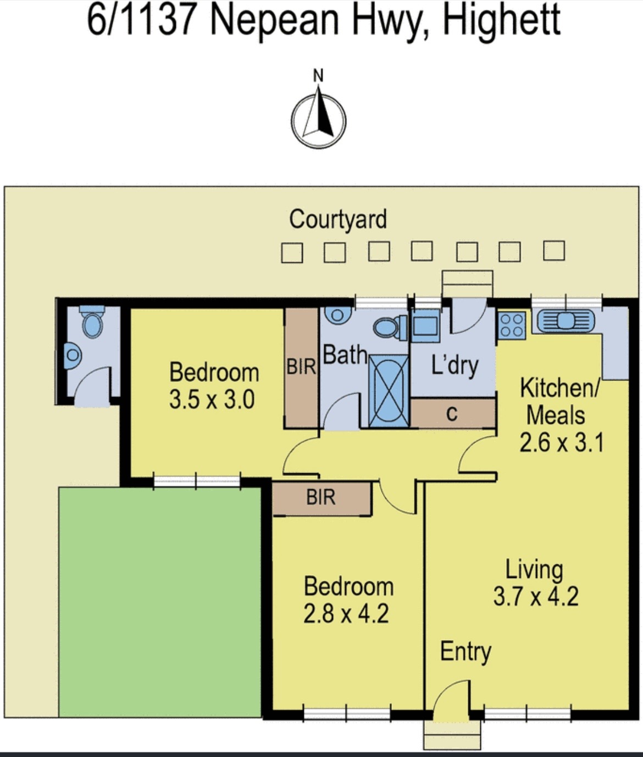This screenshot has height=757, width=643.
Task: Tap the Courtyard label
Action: (x=337, y=220)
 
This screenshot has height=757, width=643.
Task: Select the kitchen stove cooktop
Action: (x=512, y=325)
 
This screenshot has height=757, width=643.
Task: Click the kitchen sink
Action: (x=566, y=321)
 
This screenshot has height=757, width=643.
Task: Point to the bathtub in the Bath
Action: (x=389, y=391)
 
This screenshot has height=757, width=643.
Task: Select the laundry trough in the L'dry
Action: (x=425, y=325)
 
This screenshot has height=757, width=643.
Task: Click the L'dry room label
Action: (x=454, y=365)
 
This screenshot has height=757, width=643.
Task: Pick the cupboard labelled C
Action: (x=453, y=413)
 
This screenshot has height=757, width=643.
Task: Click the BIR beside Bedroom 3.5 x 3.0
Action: (x=301, y=367)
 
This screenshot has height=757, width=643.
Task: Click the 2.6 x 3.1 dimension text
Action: (x=561, y=443)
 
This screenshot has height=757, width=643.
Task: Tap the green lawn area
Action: (x=160, y=602)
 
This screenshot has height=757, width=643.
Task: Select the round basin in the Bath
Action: (x=337, y=316)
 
